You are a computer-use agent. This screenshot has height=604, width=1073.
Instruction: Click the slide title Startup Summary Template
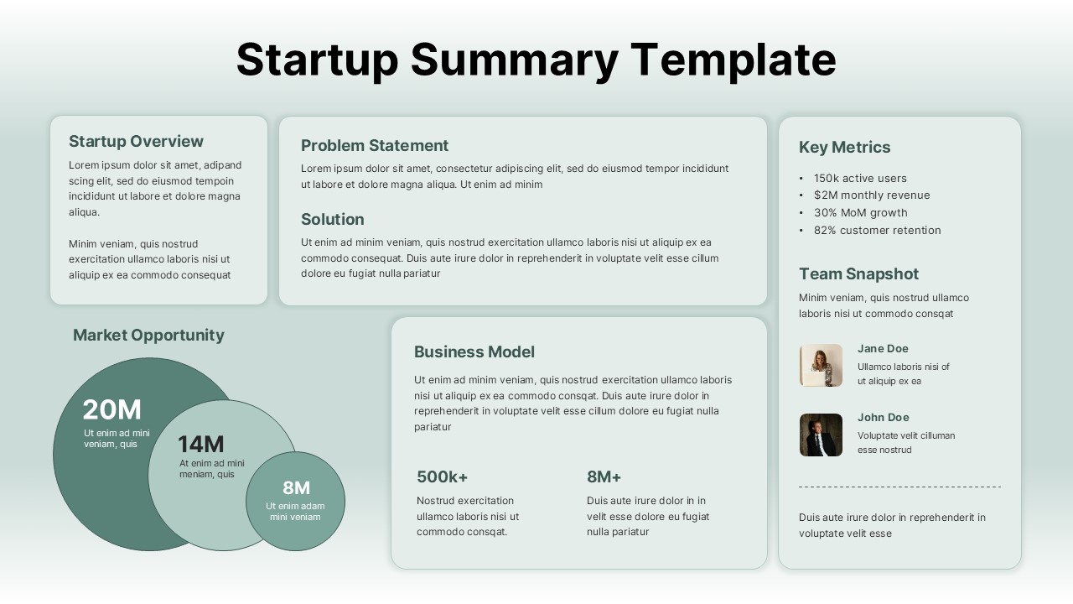point(536,60)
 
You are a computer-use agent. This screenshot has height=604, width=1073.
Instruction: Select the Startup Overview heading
point(136,141)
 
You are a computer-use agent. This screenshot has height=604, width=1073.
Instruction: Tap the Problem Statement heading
point(375,145)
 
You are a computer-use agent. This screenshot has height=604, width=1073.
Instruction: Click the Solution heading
point(332,219)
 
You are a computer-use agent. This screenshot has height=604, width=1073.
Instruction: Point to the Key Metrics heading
point(844,147)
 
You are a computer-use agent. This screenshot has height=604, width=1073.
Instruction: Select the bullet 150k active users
point(860,178)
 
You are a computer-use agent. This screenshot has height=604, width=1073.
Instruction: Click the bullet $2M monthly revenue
point(872,195)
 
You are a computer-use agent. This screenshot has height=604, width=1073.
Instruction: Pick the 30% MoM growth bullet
point(860,212)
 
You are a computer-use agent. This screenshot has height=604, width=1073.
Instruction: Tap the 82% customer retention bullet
point(877,230)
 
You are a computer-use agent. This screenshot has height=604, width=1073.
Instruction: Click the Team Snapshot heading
point(858,273)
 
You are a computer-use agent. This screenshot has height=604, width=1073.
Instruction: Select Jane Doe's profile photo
point(821,365)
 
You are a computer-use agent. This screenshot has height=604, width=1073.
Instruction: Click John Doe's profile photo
point(821,435)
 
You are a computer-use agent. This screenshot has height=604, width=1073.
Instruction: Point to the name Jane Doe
point(883,348)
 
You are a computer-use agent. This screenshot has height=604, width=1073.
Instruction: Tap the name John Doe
point(883,417)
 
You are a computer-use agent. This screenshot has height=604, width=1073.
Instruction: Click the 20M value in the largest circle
point(111,409)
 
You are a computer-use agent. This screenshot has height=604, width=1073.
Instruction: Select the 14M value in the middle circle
point(200,444)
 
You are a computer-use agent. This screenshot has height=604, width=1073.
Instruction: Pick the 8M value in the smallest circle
point(296,487)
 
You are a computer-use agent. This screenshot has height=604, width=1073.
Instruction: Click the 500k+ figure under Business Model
point(442,476)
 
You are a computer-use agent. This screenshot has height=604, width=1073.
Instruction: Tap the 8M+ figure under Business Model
point(604,476)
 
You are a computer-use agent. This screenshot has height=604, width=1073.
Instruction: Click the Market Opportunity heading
point(148,335)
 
